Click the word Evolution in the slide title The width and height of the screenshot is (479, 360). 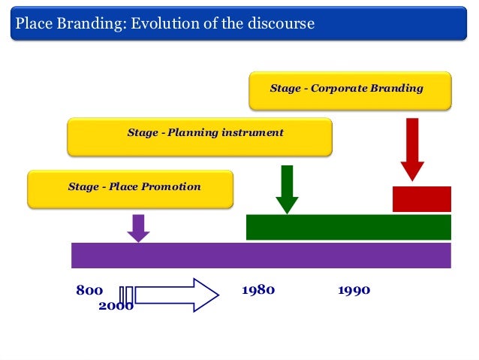point(159,23)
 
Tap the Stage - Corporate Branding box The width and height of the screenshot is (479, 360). point(350,89)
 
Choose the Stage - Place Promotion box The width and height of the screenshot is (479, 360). point(130,189)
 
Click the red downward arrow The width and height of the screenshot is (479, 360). point(412,149)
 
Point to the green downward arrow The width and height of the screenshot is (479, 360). point(287,189)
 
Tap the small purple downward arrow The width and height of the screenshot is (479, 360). point(137,228)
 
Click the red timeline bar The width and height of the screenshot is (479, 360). point(421,199)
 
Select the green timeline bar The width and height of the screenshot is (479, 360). point(348,227)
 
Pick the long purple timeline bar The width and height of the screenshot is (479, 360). point(261,255)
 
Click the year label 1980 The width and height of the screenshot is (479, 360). point(258,290)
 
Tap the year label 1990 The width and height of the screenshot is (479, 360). point(354,290)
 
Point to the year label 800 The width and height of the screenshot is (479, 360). point(89,290)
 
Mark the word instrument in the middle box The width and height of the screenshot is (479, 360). point(252,133)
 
